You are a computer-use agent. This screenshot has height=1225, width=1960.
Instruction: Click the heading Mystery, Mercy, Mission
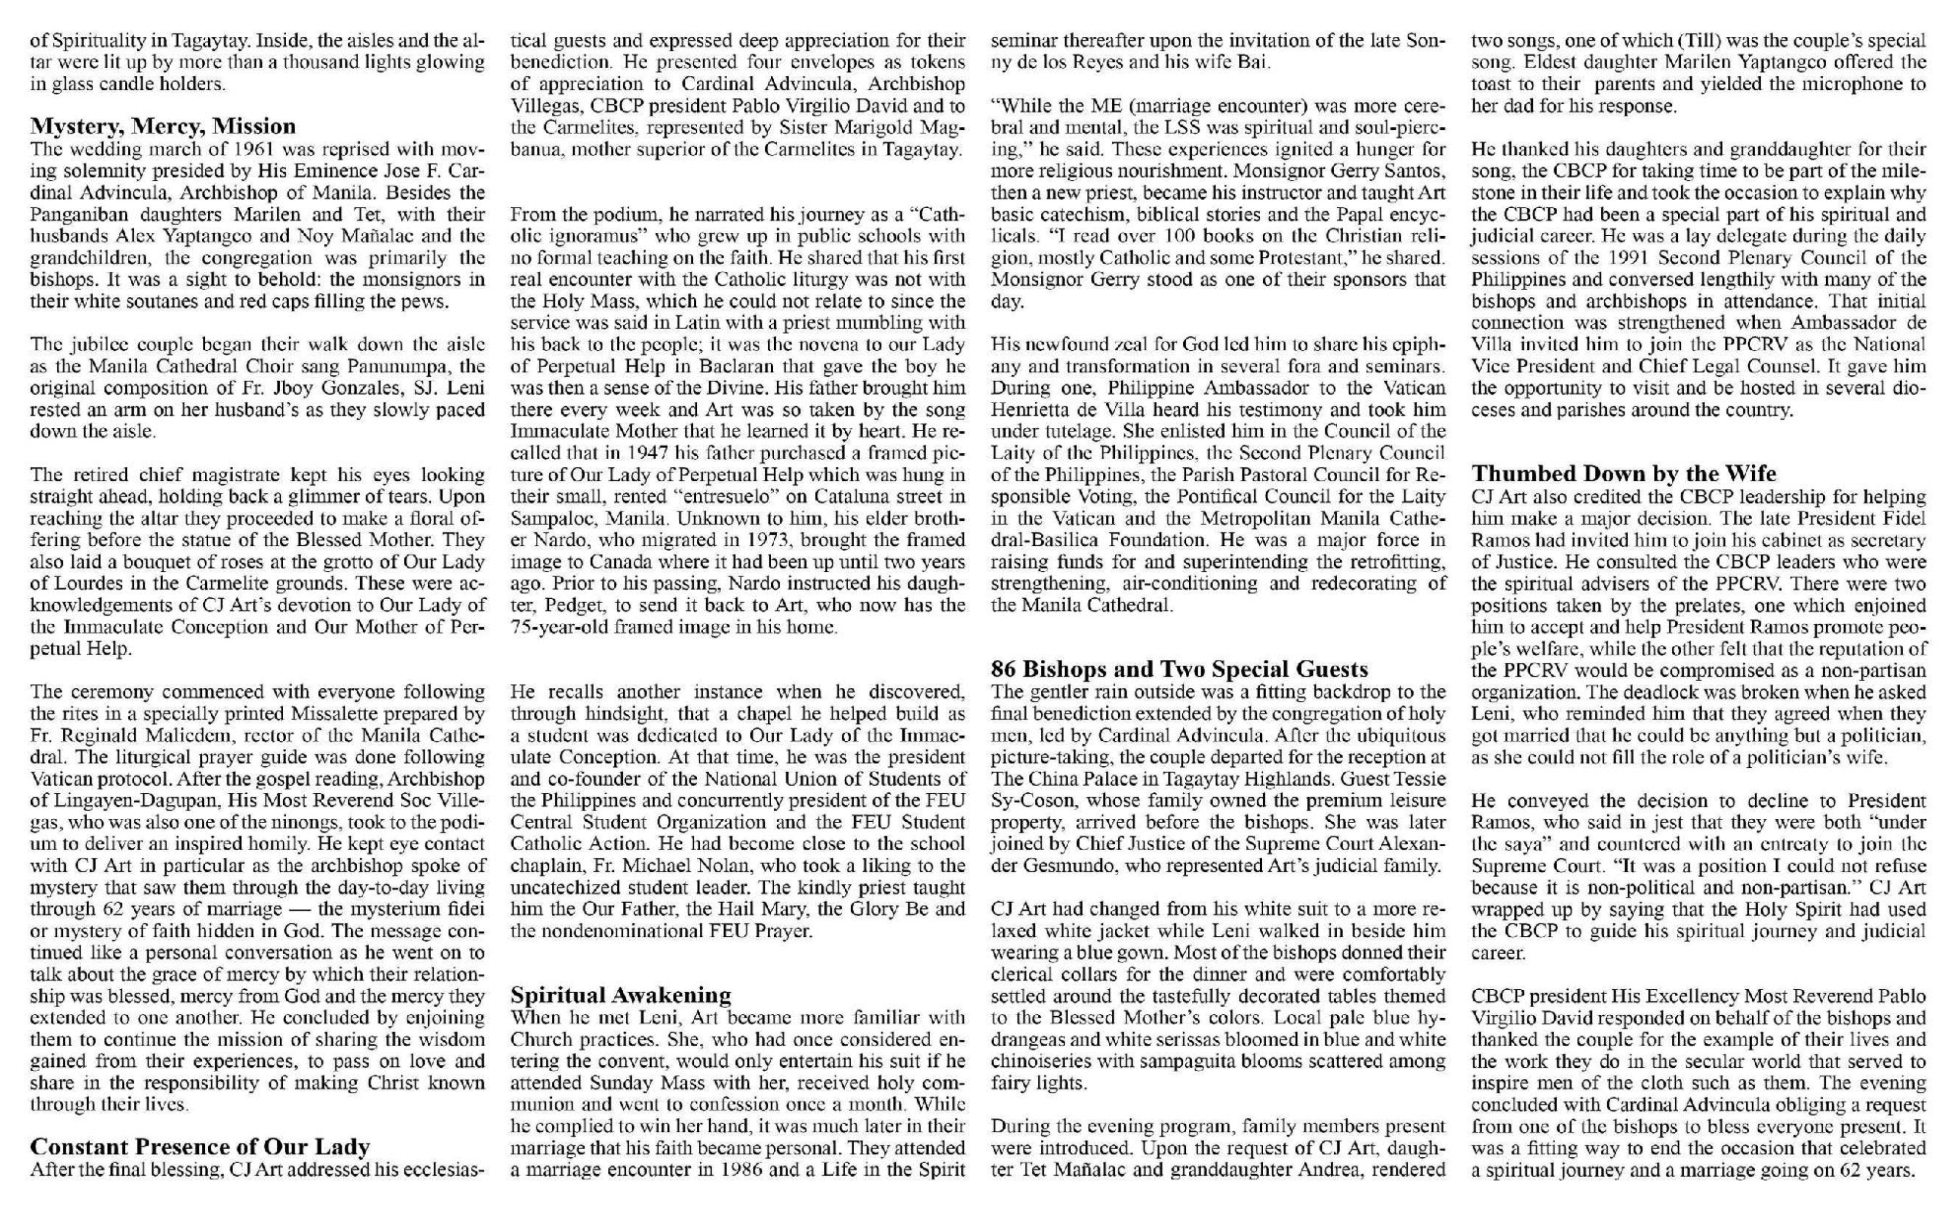[163, 126]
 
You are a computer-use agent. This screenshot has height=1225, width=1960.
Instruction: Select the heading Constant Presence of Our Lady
[199, 1147]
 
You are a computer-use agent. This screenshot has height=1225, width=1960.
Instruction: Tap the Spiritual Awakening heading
[620, 994]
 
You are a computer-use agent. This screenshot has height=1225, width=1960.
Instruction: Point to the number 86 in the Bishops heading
[1004, 669]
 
